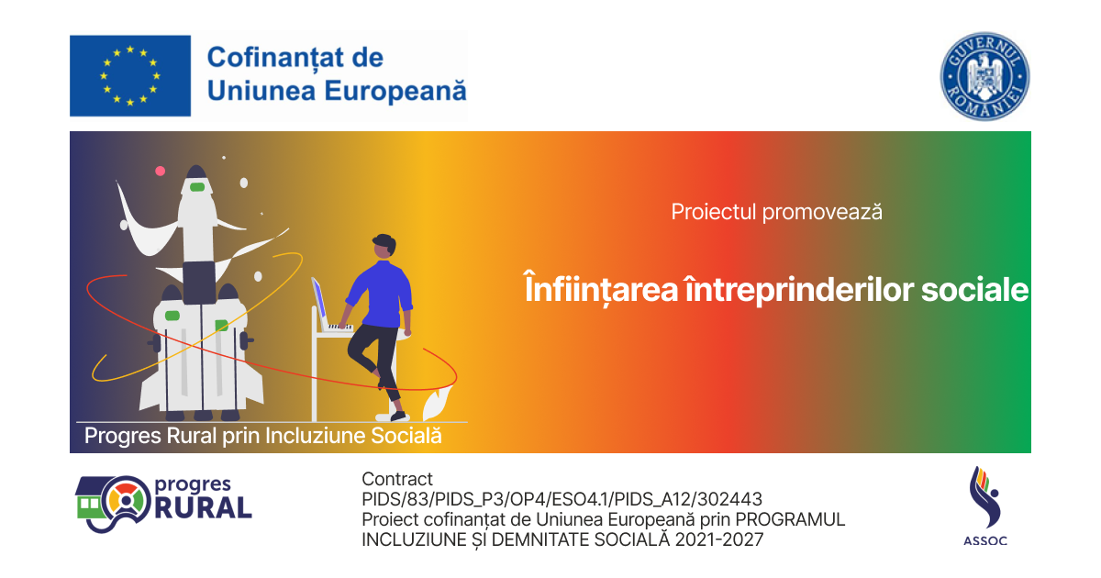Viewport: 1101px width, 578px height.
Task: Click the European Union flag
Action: (130, 75)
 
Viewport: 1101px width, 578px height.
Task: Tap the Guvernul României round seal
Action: (985, 76)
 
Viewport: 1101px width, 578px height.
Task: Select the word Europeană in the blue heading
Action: (395, 92)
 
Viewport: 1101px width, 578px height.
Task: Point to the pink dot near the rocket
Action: (161, 171)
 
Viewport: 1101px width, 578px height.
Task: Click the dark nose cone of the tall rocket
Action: (196, 172)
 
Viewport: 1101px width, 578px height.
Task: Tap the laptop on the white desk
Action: (330, 306)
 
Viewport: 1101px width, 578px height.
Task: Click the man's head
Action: (384, 246)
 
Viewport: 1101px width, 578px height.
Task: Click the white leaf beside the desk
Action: (437, 403)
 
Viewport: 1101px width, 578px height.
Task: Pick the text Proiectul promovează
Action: (776, 212)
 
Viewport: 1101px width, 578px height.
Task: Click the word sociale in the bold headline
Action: (974, 290)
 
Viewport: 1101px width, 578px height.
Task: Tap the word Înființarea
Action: (601, 289)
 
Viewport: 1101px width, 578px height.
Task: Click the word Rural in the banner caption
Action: (192, 436)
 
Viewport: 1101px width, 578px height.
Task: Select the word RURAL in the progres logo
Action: (204, 507)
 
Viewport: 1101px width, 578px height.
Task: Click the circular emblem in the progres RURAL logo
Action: (127, 500)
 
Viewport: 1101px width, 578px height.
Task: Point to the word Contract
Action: (397, 479)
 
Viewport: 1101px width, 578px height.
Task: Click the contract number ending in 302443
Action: (562, 499)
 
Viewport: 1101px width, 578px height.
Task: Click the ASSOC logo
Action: (985, 506)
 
